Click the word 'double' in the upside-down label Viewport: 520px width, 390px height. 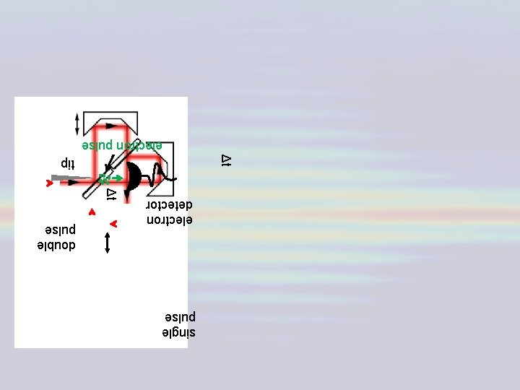(56, 246)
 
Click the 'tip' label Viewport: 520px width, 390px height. (67, 162)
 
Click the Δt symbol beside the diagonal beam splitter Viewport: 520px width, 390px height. (111, 194)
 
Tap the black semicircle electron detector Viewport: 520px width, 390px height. (134, 177)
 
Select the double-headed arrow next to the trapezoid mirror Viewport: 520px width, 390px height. (78, 123)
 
